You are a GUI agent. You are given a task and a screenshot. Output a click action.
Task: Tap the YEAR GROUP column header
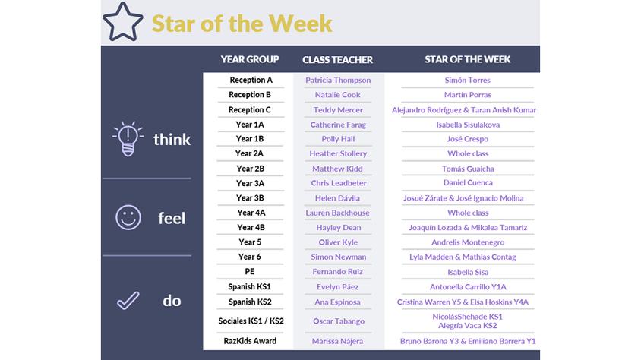[x=250, y=60]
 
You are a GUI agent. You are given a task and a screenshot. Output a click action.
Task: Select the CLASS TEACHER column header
[x=338, y=60]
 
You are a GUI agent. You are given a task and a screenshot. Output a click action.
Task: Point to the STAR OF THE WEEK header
[x=468, y=60]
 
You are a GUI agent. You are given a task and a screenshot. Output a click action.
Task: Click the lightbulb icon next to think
[x=128, y=139]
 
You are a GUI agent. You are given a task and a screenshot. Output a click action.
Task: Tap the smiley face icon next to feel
[x=128, y=217]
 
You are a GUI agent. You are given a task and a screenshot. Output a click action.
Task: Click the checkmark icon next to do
[x=128, y=301]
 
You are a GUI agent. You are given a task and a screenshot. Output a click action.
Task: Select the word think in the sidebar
[x=172, y=140]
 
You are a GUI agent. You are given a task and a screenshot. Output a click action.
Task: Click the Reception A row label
[x=251, y=80]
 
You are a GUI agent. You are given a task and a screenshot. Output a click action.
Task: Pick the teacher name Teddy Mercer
[x=338, y=110]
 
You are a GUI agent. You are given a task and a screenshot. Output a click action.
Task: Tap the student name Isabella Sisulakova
[x=468, y=125]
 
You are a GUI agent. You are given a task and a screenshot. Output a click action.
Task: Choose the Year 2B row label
[x=250, y=169]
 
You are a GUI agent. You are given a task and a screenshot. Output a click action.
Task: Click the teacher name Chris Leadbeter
[x=339, y=183]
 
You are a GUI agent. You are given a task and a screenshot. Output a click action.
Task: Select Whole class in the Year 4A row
[x=468, y=213]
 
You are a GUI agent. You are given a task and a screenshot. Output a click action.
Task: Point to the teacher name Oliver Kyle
[x=338, y=242]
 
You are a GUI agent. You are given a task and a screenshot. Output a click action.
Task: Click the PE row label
[x=250, y=272]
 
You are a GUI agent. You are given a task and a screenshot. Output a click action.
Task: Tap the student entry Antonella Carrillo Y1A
[x=468, y=287]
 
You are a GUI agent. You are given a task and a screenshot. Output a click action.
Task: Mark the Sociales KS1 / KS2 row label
[x=251, y=321]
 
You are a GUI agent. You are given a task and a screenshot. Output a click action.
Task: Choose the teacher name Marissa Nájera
[x=338, y=341]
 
